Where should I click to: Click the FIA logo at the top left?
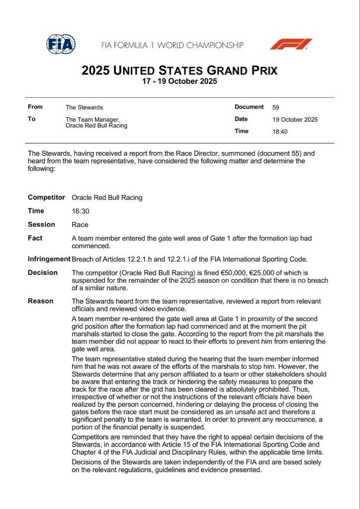61,44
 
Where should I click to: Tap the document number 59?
275,107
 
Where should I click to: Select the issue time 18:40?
280,132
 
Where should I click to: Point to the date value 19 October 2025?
295,119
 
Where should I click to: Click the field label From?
35,107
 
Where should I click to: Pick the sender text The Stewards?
84,107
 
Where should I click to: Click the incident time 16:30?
80,211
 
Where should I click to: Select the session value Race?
80,225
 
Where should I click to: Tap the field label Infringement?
49,259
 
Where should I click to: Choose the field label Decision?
43,273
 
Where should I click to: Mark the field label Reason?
40,301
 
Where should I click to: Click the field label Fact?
35,238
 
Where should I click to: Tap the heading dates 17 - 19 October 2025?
180,82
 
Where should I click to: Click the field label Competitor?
46,197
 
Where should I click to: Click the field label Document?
249,107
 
